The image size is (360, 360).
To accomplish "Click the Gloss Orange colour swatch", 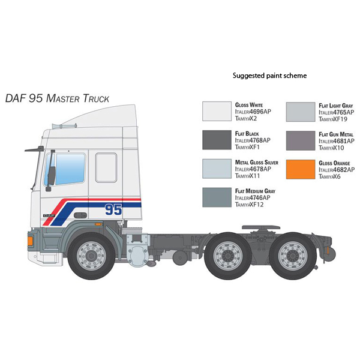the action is (301, 169).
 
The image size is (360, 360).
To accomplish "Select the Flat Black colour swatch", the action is (217, 140).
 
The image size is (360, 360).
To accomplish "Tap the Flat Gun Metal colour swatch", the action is (301, 141).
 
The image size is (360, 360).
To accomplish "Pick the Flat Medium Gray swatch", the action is (217, 197).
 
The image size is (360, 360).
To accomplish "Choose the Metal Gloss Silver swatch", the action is (217, 169).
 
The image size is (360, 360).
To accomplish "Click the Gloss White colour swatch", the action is (217, 112).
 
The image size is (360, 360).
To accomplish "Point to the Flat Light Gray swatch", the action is (301, 112).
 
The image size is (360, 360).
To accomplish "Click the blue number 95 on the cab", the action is (113, 209).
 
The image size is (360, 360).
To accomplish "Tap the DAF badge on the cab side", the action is (49, 215).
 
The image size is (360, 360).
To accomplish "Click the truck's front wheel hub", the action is (91, 256).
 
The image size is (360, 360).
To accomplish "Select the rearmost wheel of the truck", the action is (293, 256).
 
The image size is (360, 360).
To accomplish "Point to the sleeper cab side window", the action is (106, 167).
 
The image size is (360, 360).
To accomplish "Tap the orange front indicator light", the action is (30, 241).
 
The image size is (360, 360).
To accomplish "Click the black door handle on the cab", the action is (80, 215).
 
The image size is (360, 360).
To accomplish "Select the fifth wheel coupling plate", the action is (261, 227).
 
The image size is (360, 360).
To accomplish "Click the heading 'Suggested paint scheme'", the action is (269, 76).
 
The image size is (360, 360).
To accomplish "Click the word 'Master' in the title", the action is (62, 98).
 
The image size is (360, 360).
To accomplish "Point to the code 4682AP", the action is (344, 170).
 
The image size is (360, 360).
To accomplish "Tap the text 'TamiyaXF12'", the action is (249, 205).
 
